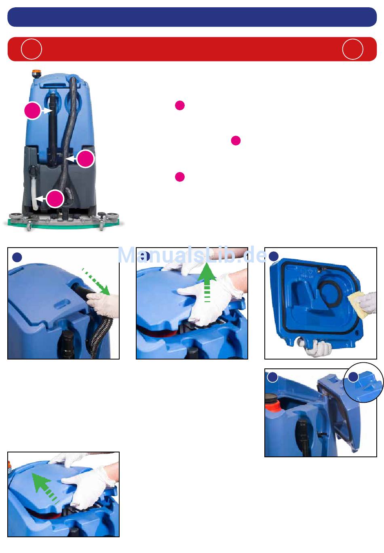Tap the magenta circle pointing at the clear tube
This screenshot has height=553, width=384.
55,199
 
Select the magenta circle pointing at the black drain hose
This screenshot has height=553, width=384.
33,111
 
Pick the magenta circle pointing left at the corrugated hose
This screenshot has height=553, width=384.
85,159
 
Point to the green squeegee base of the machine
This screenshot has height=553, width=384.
63,223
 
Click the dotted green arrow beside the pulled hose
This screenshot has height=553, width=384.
96,281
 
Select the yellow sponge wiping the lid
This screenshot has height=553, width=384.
356,305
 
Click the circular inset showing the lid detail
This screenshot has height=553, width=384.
363,383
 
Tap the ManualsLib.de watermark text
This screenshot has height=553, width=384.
192,255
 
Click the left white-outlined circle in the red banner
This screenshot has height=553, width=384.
32,49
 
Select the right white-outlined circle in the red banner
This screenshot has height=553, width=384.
352,49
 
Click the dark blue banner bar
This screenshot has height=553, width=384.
192,17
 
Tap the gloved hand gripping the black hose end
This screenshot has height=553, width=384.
103,305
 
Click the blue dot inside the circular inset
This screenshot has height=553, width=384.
353,377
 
